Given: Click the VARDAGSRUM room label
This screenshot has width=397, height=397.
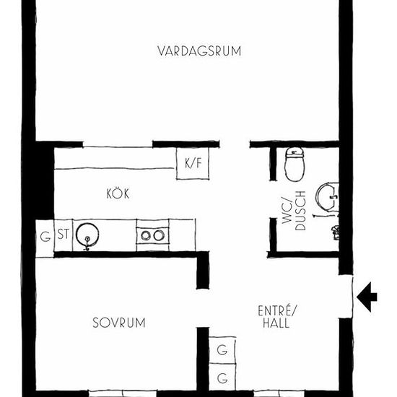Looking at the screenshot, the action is (x=199, y=51).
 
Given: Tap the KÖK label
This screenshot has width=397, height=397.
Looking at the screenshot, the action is (x=118, y=193).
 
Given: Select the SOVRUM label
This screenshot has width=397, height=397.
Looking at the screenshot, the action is (x=119, y=323).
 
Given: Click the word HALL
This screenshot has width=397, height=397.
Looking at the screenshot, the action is (x=276, y=323).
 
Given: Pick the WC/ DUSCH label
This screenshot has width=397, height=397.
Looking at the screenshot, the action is (x=294, y=211).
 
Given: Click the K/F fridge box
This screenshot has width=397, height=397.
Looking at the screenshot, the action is (x=193, y=163).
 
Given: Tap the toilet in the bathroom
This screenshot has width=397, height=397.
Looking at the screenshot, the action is (x=295, y=165).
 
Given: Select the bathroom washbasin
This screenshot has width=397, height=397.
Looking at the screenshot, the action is (x=327, y=197).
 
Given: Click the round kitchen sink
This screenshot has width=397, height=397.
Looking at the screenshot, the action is (x=87, y=235).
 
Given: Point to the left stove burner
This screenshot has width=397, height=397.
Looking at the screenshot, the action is (x=146, y=236).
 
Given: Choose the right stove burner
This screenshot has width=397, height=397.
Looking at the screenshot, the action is (x=159, y=235).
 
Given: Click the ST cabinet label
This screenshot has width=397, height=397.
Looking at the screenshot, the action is (x=63, y=234).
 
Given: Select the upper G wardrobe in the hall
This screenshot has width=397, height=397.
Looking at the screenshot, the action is (x=222, y=350).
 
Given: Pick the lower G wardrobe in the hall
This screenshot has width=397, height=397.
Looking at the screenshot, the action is (x=222, y=378).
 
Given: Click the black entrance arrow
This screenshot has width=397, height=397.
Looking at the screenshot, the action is (x=367, y=297).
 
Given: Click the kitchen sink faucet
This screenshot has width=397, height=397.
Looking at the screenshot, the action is (x=87, y=243).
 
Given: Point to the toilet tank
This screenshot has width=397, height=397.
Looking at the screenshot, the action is (x=295, y=153).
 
